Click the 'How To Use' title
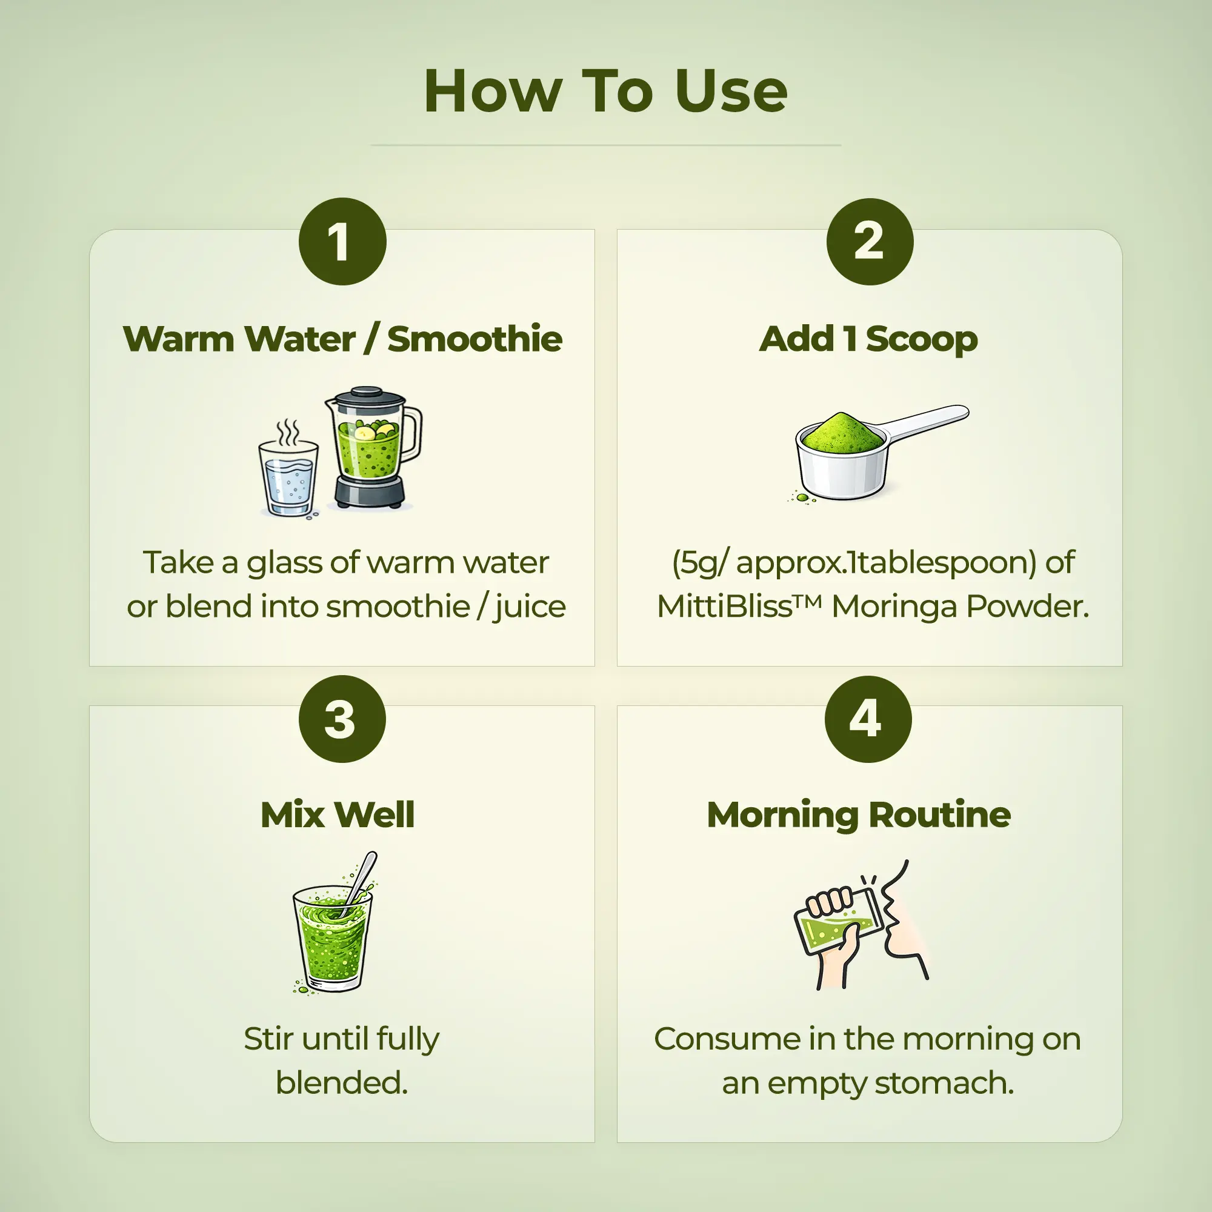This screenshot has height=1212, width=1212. click(605, 92)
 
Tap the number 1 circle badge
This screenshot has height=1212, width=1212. click(342, 242)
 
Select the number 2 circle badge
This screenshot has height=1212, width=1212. click(870, 242)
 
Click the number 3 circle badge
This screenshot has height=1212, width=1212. click(342, 719)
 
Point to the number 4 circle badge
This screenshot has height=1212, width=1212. click(868, 719)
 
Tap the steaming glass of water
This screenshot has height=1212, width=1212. click(288, 477)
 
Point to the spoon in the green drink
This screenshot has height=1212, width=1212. click(362, 878)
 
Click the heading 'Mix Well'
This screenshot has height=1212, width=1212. click(338, 815)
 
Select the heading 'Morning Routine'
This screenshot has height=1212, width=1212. click(858, 815)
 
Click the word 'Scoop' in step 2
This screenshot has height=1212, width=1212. click(921, 339)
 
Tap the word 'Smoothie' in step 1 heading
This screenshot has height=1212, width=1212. click(474, 339)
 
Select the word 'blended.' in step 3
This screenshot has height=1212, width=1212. click(342, 1084)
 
